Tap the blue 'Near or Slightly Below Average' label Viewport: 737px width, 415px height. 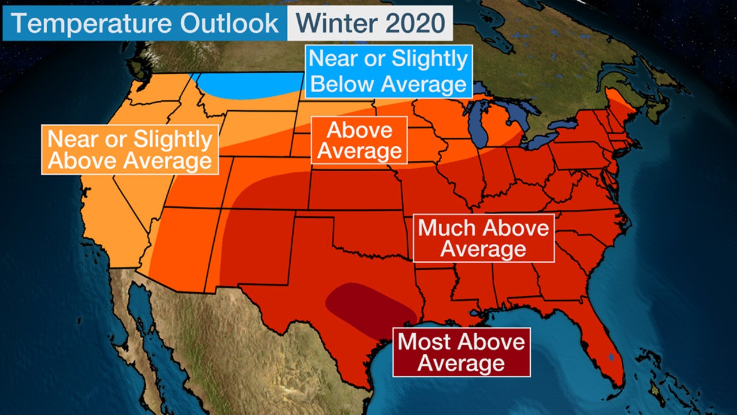[x=388, y=71]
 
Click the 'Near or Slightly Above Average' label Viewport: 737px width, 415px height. [x=130, y=149]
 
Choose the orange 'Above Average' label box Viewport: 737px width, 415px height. [x=359, y=140]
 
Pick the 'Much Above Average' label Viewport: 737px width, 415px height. [x=483, y=238]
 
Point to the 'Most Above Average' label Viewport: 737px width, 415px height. [x=461, y=352]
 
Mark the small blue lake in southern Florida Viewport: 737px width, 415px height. [x=610, y=357]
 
